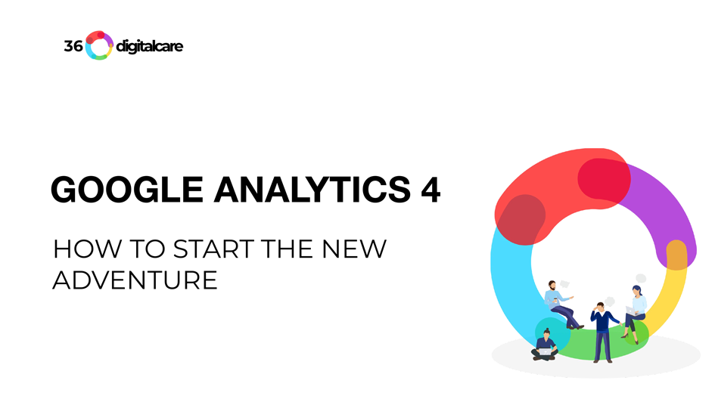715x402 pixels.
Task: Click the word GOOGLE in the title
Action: click(127, 190)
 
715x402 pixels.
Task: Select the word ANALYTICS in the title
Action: click(312, 190)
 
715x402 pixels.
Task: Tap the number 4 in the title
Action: click(431, 190)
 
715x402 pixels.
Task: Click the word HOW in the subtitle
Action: click(88, 249)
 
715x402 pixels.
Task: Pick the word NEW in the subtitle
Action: click(354, 249)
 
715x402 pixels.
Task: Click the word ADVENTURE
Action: click(135, 280)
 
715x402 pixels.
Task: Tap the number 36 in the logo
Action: click(73, 46)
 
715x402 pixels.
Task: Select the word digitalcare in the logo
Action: click(150, 46)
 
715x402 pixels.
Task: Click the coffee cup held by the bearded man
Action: click(555, 301)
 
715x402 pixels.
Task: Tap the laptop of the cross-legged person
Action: click(545, 351)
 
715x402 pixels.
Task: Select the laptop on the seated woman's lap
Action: click(631, 311)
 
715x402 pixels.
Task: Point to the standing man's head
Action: click(600, 306)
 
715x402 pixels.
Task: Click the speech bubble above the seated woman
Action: click(641, 278)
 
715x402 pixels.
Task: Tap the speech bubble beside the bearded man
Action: click(564, 284)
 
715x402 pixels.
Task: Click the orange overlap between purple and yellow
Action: click(676, 255)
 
